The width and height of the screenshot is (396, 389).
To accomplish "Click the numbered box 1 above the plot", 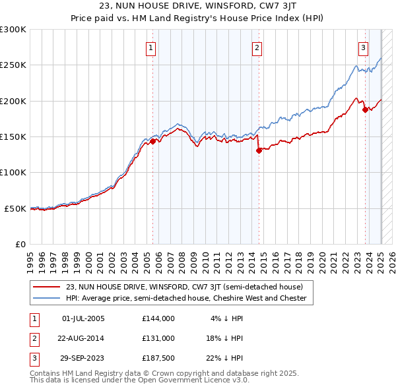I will (151, 47).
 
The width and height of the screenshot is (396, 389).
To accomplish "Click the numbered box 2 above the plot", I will (257, 47).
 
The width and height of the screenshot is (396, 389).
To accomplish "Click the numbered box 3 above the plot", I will (364, 47).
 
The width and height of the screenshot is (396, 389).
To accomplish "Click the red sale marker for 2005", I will (152, 141).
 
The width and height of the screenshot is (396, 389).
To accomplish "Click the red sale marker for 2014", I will (259, 150).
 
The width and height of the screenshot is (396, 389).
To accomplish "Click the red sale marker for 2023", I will (365, 110).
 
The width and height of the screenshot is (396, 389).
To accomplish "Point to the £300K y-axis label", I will (13, 30).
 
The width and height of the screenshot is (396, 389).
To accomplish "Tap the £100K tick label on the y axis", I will (13, 173).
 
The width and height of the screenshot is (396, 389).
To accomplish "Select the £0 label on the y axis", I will (20, 244).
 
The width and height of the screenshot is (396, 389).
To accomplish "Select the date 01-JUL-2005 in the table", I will (83, 318).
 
